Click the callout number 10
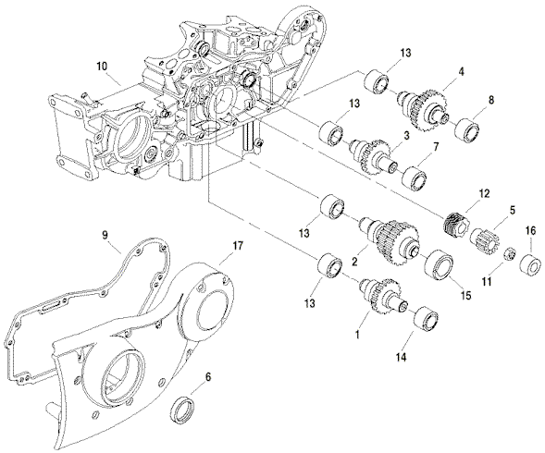(102, 66)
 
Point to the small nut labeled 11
(509, 253)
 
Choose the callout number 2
(354, 263)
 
